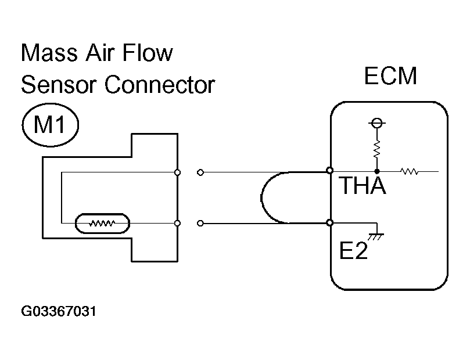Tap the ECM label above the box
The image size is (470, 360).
click(x=390, y=75)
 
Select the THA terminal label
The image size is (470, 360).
click(x=363, y=185)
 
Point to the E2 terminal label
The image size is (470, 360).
click(x=353, y=250)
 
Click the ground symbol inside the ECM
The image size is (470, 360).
click(x=376, y=236)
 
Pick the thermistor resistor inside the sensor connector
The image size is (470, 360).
click(x=102, y=223)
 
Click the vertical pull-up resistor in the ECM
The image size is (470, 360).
click(x=377, y=149)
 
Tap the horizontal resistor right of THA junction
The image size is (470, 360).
click(x=410, y=171)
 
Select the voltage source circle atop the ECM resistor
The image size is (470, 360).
click(x=377, y=123)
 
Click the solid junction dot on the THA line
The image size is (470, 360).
click(x=377, y=172)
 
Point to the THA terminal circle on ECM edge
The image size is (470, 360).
click(x=330, y=171)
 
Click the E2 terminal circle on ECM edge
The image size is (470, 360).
click(x=330, y=223)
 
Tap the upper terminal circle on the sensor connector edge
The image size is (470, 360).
click(x=177, y=172)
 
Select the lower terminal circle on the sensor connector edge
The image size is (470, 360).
click(x=177, y=223)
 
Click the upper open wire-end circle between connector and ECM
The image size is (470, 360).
click(x=200, y=172)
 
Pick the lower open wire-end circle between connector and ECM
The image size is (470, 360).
click(x=200, y=224)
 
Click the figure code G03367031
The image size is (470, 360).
click(x=59, y=311)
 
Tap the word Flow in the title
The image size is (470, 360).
click(x=148, y=52)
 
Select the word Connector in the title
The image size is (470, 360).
click(x=160, y=85)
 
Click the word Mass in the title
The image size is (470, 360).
click(x=49, y=52)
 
